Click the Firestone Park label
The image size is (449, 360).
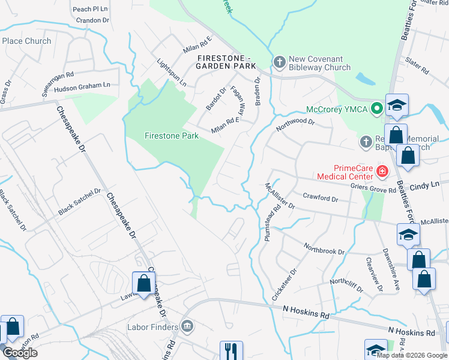click(x=172, y=136)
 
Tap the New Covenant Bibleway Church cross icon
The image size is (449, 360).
click(x=279, y=62)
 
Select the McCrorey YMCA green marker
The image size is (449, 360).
click(x=376, y=109)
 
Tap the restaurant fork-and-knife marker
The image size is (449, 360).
click(x=231, y=350)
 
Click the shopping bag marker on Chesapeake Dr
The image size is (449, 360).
click(x=144, y=283)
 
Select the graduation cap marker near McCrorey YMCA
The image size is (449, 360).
click(x=397, y=105)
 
